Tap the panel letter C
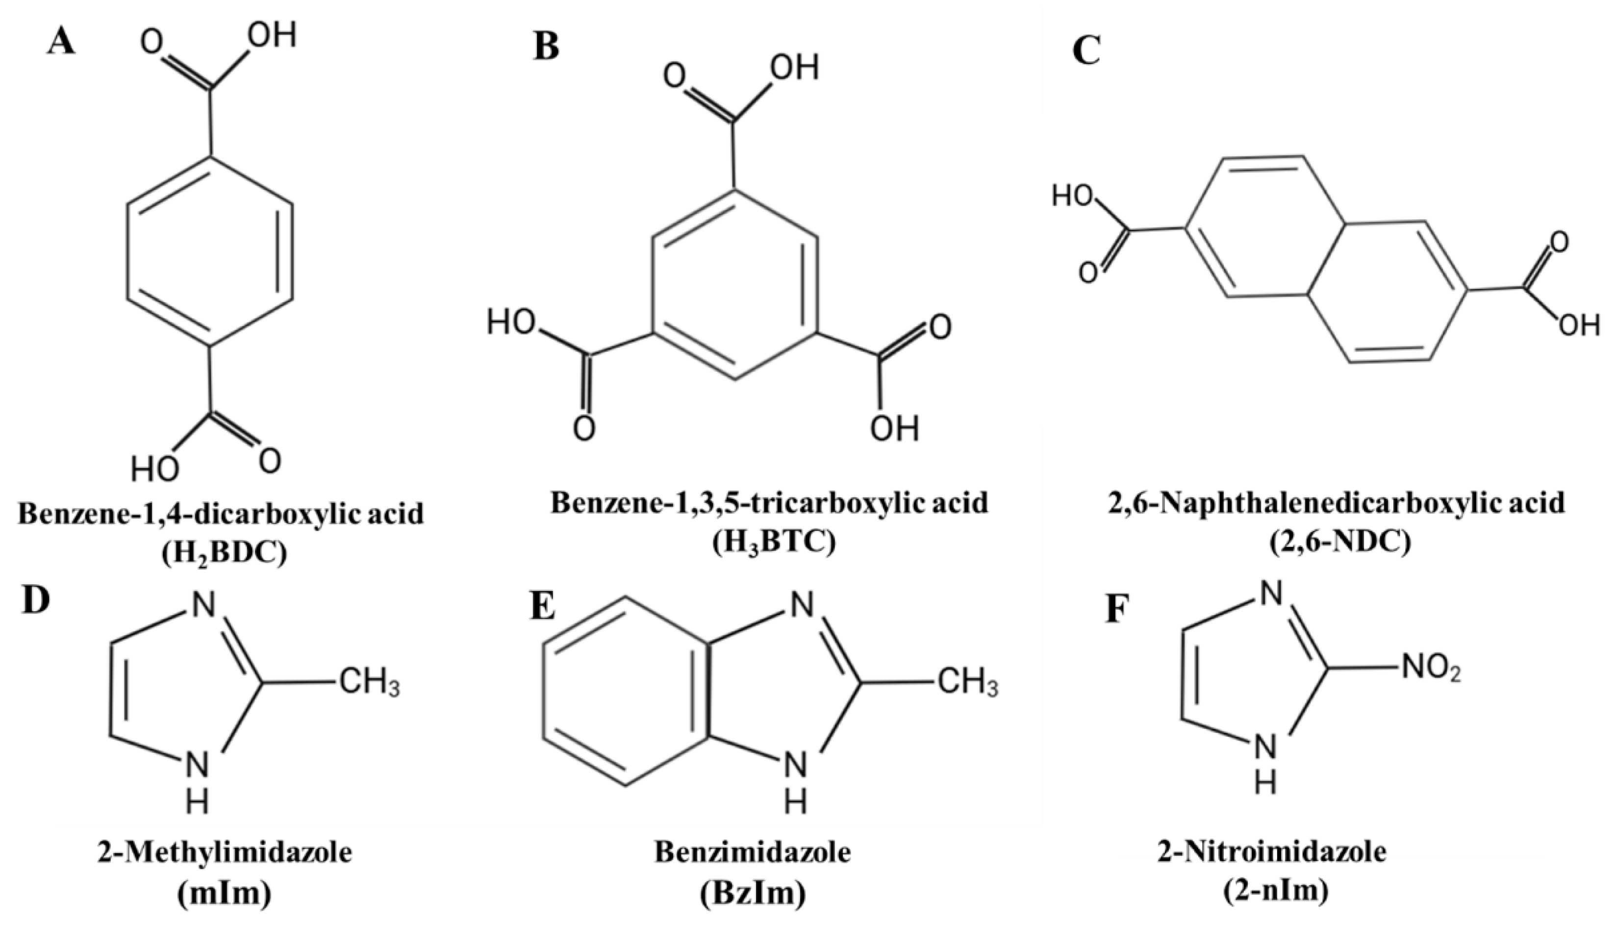pos(1086,51)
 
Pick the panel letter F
pos(1119,608)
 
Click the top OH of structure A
pos(272,35)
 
